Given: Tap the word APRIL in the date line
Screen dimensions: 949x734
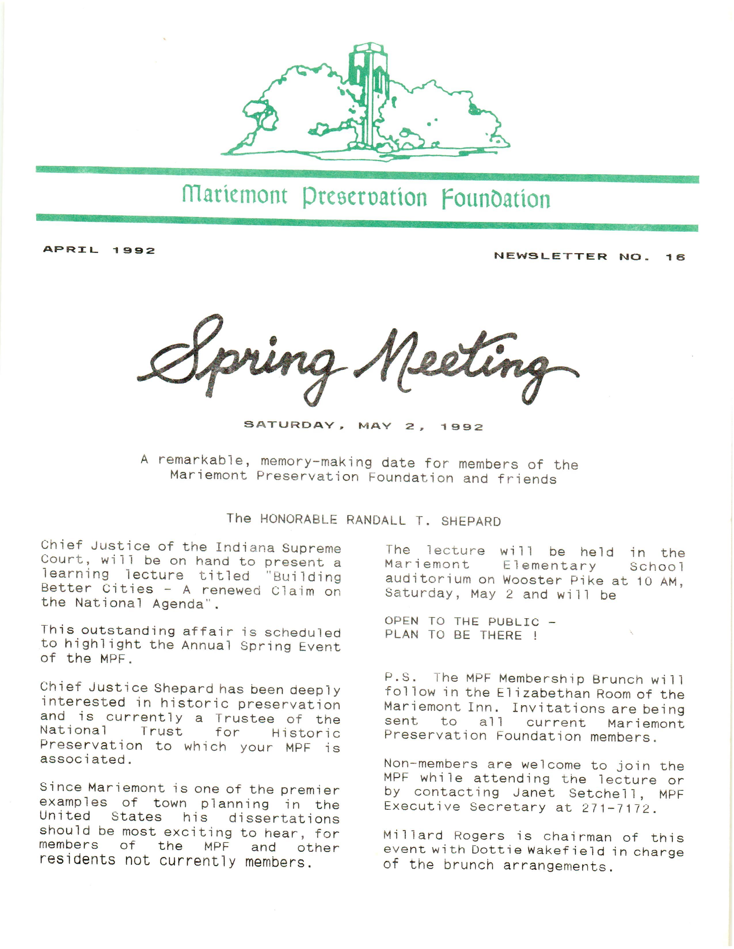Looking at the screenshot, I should (71, 250).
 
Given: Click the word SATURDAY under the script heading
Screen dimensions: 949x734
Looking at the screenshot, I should (289, 425).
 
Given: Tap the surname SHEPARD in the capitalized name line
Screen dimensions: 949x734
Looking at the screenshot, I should (471, 521).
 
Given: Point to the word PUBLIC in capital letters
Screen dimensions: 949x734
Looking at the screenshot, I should (513, 622).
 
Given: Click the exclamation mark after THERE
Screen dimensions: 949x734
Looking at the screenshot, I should (535, 636).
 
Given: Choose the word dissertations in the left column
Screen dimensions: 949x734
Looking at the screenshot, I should (284, 819).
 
